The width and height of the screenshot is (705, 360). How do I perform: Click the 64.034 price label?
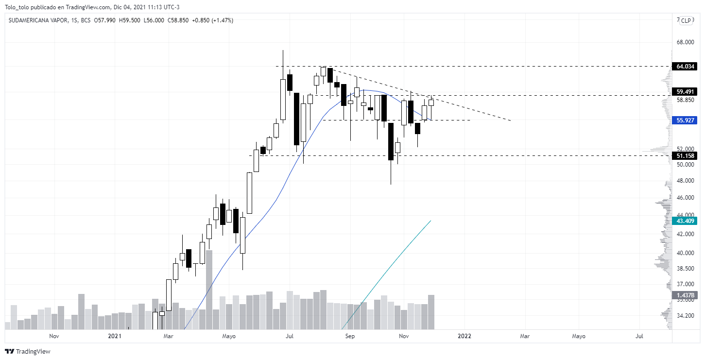pos(685,66)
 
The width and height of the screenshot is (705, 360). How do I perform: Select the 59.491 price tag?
pos(685,91)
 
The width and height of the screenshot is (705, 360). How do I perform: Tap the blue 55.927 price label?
pos(685,120)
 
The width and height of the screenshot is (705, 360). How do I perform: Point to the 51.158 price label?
pos(685,156)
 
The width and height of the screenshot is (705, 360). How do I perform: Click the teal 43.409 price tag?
pos(685,221)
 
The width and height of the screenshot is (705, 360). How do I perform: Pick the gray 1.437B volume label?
pos(685,295)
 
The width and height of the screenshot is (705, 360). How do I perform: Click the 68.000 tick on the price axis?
pos(685,42)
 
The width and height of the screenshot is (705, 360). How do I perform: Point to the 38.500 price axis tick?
pos(685,269)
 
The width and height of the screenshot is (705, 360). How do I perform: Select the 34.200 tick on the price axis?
pos(685,316)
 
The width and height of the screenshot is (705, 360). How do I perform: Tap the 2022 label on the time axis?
pos(464,336)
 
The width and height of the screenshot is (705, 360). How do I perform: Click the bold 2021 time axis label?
pos(115,336)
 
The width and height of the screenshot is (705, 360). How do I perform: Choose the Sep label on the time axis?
pos(350,336)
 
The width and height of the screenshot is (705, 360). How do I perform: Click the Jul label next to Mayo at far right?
pos(639,336)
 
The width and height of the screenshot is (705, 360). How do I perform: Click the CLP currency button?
pos(686,20)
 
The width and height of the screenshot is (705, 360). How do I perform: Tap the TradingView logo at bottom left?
pos(28,351)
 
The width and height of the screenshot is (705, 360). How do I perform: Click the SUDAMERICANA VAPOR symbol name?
pos(38,20)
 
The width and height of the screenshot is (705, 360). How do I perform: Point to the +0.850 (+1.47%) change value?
pos(213,20)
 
